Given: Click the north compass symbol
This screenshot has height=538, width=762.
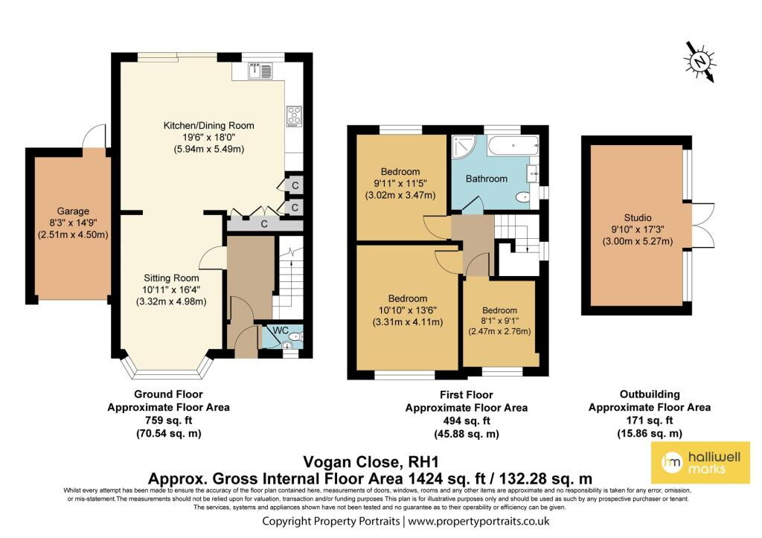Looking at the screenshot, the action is pos(700,62).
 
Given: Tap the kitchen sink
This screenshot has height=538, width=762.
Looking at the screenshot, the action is pos(260,71).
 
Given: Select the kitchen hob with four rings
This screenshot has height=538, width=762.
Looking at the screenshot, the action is pos(294,117).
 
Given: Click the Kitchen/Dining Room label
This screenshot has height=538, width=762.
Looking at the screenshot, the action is pos(209,126).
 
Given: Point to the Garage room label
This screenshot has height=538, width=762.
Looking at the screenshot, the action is pos(73,211).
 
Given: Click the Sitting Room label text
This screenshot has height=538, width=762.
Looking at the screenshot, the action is pos(171,278).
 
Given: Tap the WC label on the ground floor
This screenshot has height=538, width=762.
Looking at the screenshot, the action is pos(281,330).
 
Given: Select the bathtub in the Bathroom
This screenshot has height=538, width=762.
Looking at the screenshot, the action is pos(513,146).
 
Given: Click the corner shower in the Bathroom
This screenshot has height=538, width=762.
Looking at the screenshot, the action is pos(464,147).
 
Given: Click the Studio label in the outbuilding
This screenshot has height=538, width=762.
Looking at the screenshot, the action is pos(638,218).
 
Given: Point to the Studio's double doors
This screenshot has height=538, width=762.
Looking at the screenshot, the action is pos(702,225).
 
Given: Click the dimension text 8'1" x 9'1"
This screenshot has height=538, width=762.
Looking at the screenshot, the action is pos(499,321).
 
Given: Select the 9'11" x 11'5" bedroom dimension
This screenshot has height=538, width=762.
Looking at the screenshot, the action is pos(400,184).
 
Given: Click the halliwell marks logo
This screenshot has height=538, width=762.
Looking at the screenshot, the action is pos(700,463).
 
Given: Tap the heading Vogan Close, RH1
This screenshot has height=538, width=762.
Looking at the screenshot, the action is pos(371,461).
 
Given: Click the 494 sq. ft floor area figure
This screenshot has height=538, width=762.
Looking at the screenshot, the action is pos(467,421).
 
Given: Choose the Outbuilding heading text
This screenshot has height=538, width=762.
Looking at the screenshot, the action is pos(649,394).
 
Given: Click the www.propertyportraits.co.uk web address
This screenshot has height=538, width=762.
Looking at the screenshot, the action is pos(478,522).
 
